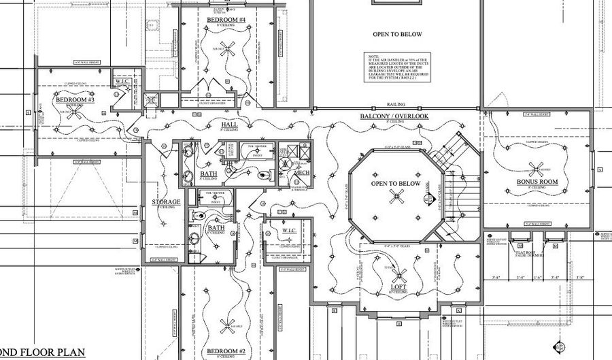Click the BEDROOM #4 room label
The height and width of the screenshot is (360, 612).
[x=226, y=20]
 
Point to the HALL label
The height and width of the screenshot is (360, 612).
[x=229, y=125]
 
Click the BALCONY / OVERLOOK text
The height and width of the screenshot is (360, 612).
[x=394, y=116]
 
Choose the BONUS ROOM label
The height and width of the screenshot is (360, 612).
[x=537, y=182]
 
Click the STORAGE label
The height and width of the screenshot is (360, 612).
[x=166, y=202]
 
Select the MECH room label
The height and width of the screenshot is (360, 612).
[x=301, y=173]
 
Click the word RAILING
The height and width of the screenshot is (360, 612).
[x=396, y=105]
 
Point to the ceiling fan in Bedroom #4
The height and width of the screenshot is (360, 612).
[x=230, y=48]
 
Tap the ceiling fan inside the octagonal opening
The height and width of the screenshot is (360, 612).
[x=396, y=197]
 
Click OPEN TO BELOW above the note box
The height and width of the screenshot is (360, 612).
[x=397, y=34]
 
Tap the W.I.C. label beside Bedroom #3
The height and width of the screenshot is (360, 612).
[x=122, y=82]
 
